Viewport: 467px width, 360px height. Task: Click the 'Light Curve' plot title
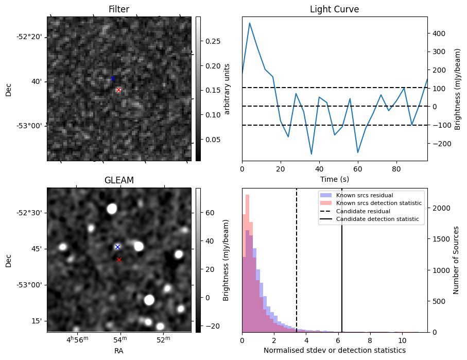click(x=334, y=9)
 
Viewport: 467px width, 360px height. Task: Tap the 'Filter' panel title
click(x=119, y=9)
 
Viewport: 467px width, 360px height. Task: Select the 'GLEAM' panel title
click(x=119, y=180)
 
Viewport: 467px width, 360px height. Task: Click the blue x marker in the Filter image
click(x=113, y=78)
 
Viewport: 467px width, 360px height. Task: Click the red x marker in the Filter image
click(x=119, y=90)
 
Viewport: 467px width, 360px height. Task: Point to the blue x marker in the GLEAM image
click(x=117, y=247)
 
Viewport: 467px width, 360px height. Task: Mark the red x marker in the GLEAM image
click(x=119, y=260)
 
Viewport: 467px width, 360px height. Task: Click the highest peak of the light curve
click(x=250, y=23)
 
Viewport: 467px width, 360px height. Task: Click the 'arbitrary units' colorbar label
click(x=227, y=89)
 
